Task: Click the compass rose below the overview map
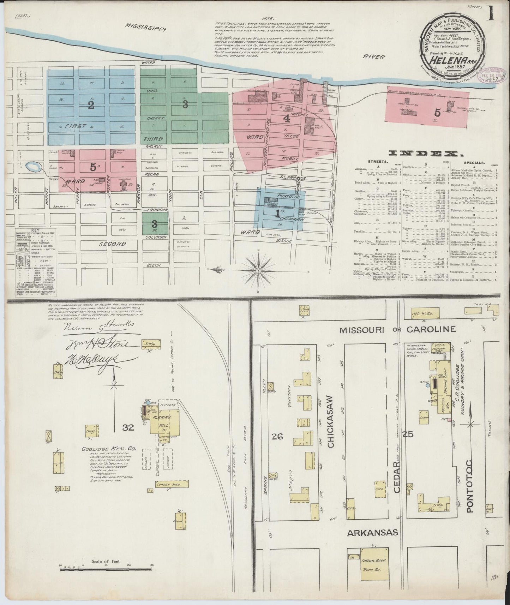[258, 271]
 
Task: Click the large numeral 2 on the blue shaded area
[91, 105]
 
